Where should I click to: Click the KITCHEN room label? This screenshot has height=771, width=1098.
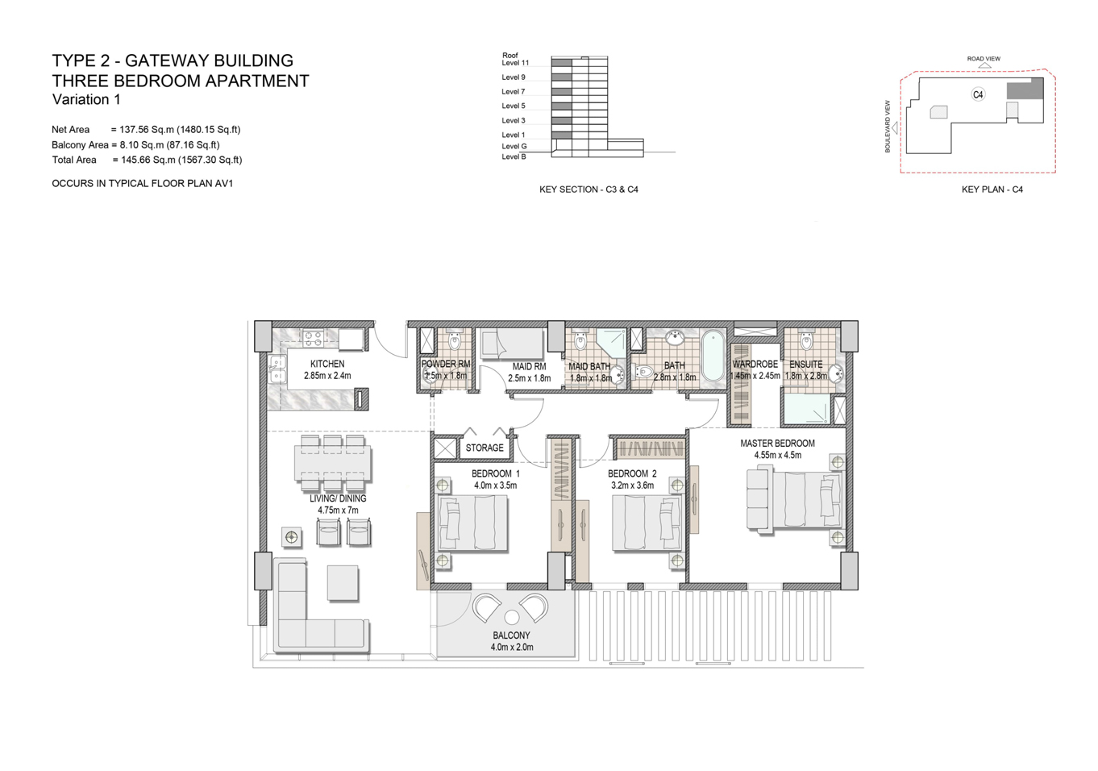(x=327, y=364)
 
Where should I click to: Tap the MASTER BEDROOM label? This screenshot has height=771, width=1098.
(x=777, y=443)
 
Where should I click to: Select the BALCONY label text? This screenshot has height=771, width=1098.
(x=512, y=636)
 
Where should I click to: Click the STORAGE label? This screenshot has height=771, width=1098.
(x=485, y=448)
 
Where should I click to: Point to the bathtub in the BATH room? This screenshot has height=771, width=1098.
(x=713, y=356)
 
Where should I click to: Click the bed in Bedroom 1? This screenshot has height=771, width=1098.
(x=473, y=523)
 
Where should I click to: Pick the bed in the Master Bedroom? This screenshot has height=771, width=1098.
(x=794, y=499)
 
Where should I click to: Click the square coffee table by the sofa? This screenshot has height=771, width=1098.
(x=343, y=582)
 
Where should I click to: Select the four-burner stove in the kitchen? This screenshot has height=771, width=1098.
(x=313, y=338)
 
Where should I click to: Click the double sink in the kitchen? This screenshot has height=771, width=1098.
(x=277, y=369)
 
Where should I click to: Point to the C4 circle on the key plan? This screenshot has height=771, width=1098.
(x=978, y=94)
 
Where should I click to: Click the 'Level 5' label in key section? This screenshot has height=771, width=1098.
(x=514, y=106)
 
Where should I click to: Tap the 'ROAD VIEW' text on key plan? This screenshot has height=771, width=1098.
(x=984, y=59)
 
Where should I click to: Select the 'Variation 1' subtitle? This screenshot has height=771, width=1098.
(x=86, y=100)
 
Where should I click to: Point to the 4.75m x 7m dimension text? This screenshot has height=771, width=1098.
(x=338, y=510)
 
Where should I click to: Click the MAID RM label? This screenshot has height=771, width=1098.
(x=529, y=367)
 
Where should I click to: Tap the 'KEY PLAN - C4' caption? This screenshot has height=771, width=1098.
(x=992, y=190)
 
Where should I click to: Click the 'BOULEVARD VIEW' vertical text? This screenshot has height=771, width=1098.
(x=888, y=127)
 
